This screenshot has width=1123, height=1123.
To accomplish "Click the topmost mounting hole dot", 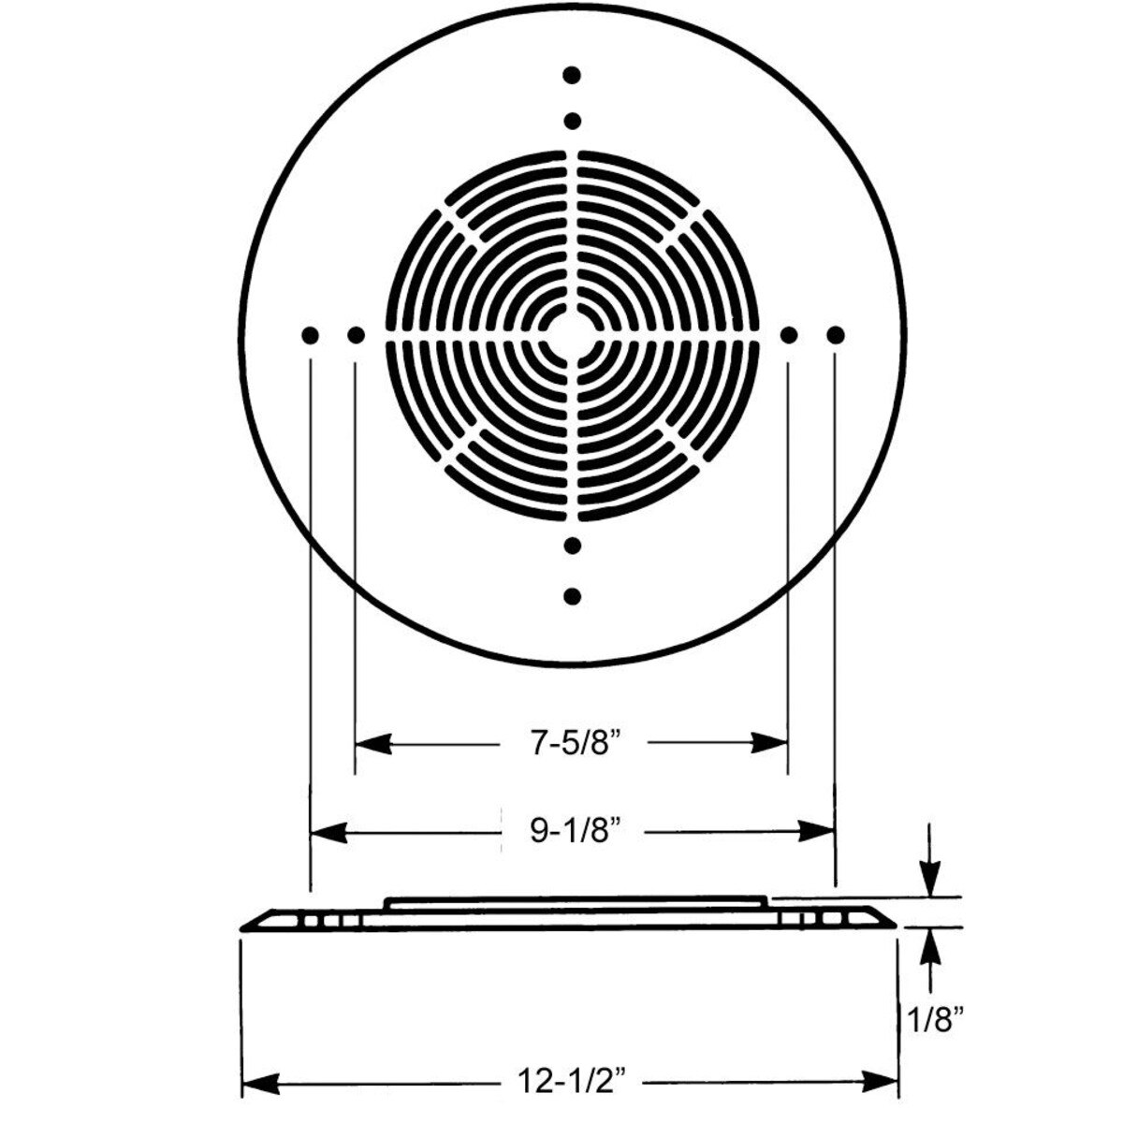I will [x=573, y=74].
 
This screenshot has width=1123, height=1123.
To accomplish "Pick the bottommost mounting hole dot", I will [x=573, y=595].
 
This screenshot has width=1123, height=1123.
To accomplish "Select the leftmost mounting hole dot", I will [x=310, y=334].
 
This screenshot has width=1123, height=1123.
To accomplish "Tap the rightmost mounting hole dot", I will [x=836, y=334].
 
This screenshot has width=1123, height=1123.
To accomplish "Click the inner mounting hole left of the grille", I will [x=356, y=334].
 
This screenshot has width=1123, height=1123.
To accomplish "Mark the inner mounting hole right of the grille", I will [x=789, y=334].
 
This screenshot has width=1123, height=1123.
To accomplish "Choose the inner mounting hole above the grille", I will [x=573, y=121].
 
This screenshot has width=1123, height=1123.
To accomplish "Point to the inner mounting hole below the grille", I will [x=573, y=545].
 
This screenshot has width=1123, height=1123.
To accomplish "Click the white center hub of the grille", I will [x=573, y=334].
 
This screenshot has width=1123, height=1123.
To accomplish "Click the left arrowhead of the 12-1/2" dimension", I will [x=256, y=1086].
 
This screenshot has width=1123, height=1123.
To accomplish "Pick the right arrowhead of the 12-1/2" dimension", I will [x=884, y=1086].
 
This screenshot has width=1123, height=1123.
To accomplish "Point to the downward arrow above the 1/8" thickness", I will [x=929, y=881].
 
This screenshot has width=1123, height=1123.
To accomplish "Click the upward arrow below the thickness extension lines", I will [x=929, y=945].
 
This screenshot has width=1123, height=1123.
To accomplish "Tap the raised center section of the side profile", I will [x=576, y=902].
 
